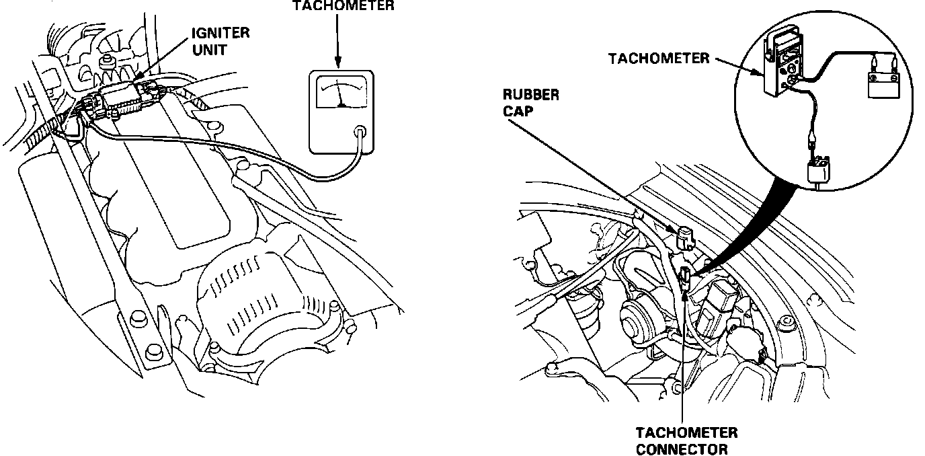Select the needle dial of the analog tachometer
point(341,93)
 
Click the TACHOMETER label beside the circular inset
point(658,58)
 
